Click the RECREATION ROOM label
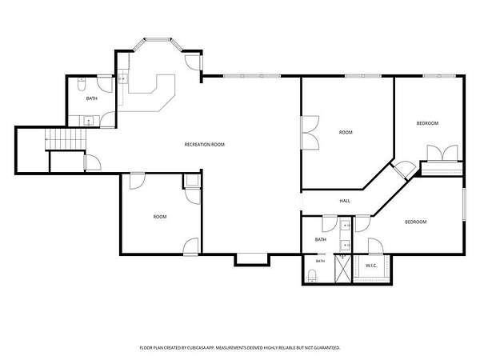click(205, 144)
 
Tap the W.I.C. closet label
click(371, 266)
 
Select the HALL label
click(345, 201)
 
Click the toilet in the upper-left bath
click(82, 85)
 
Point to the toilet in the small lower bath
click(312, 275)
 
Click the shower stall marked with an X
click(343, 269)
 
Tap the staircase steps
click(66, 139)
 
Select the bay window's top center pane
click(158, 39)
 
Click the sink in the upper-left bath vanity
click(89, 121)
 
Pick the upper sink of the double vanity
click(346, 226)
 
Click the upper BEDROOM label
click(427, 123)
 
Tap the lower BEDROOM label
click(416, 222)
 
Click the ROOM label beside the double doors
click(346, 132)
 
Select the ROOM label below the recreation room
click(160, 217)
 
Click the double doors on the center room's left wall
click(310, 132)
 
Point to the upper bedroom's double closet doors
click(442, 153)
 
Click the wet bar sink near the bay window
click(122, 79)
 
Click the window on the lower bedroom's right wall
click(464, 204)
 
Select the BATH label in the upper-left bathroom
click(91, 98)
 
